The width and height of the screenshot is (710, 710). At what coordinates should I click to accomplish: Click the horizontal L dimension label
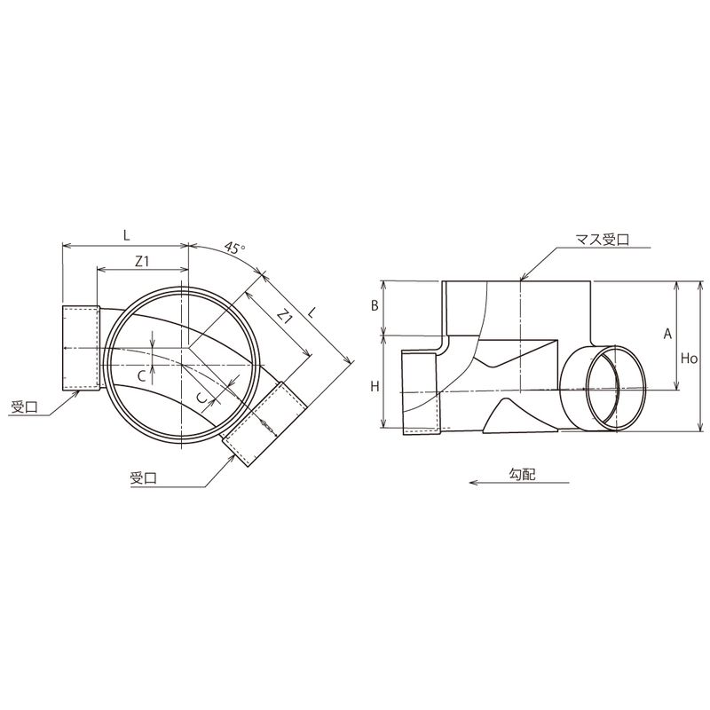(x=126, y=235)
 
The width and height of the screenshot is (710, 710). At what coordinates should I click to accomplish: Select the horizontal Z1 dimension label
(x=142, y=261)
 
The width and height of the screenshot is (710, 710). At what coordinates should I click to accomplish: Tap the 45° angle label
(x=235, y=248)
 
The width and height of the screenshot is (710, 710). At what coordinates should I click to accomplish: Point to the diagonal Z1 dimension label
(x=284, y=315)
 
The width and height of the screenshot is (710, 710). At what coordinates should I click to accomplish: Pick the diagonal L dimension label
(x=312, y=312)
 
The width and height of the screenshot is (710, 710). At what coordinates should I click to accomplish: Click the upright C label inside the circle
(x=142, y=376)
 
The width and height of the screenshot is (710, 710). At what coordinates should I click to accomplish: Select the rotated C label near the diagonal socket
(x=202, y=397)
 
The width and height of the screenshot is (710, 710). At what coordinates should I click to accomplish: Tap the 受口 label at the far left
(x=25, y=407)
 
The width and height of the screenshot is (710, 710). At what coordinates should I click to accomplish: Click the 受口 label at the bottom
(x=143, y=478)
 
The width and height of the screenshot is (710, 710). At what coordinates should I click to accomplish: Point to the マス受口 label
(x=603, y=239)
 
